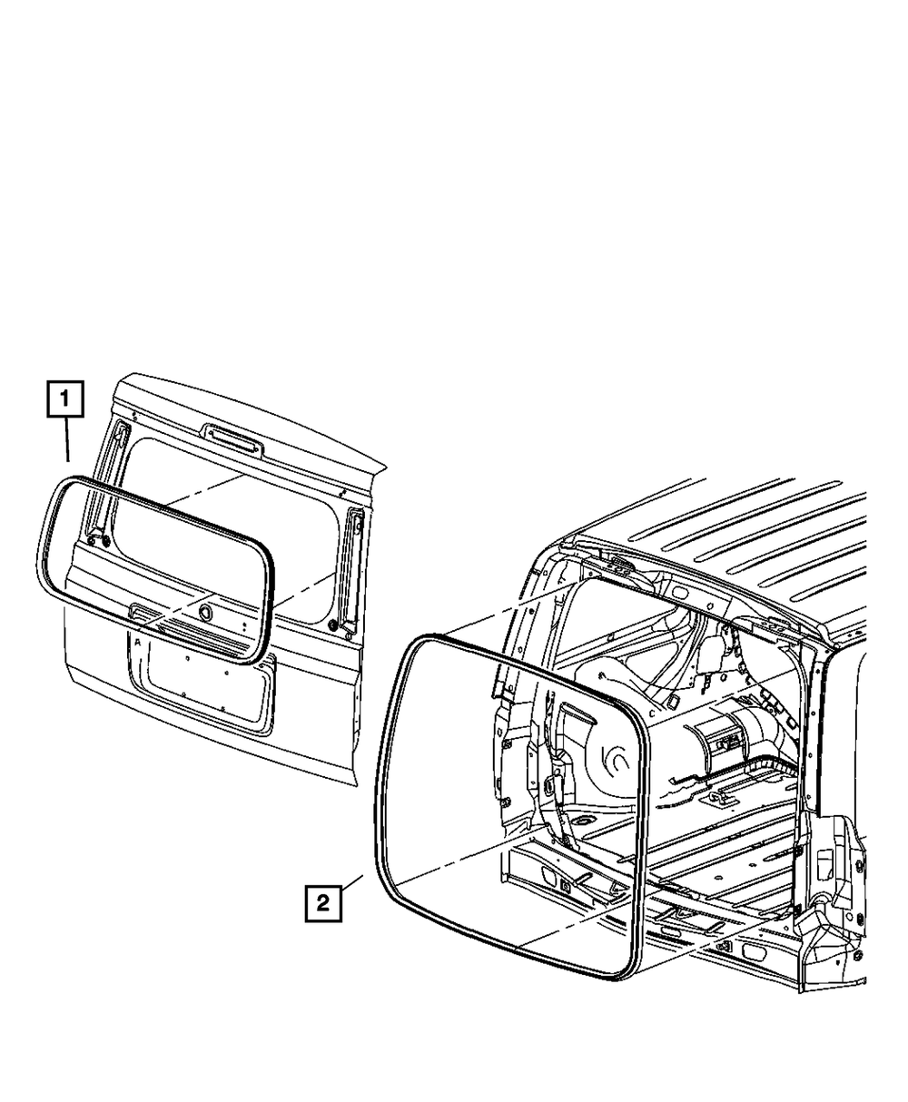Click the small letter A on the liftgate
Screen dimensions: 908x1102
136,642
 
